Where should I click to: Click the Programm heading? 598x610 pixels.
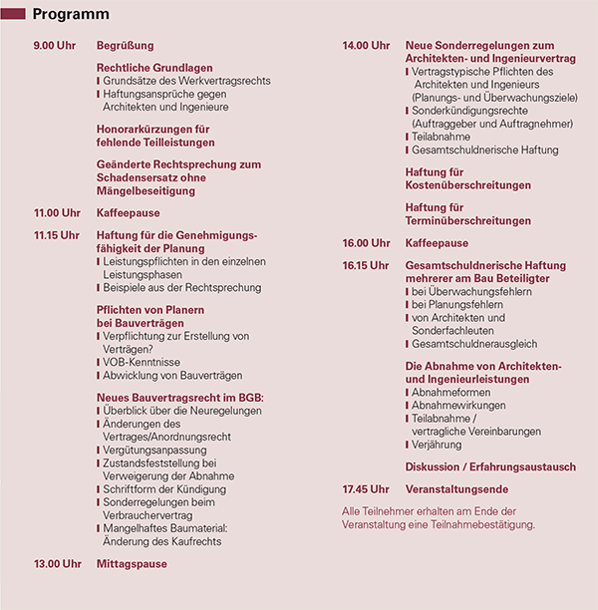pos(71,15)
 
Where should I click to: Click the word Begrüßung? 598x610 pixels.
pos(125,46)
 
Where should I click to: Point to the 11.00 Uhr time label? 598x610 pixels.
pos(56,213)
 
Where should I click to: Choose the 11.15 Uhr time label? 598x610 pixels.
pos(56,235)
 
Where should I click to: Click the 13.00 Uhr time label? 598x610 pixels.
pos(56,564)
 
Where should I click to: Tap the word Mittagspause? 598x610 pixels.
pos(132,564)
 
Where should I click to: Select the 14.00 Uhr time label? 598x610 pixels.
pos(366,46)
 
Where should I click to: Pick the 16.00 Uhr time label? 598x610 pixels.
pos(366,243)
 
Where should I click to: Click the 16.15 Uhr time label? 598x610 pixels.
pos(366,265)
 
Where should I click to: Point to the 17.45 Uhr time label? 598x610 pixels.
pos(366,489)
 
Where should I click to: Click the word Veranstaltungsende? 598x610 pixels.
pos(456,489)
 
